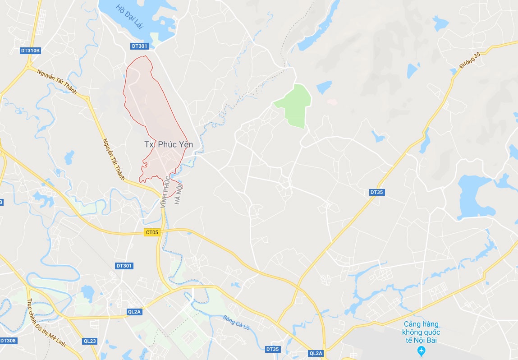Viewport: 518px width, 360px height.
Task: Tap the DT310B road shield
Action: pos(30,51)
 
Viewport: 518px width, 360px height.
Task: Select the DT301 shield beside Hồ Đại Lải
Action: pos(139,46)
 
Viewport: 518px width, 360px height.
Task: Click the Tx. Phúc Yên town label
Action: pos(168,144)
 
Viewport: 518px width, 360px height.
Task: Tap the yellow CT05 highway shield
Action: pos(152,232)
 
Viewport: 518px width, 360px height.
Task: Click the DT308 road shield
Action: pos(8,341)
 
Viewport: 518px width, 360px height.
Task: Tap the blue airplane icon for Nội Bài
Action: pos(421,351)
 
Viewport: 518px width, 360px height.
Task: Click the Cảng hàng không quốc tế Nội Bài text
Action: pos(421,332)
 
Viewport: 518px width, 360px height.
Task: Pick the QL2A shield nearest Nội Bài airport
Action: pos(316,353)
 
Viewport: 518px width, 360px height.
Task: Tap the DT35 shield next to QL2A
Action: pos(273,349)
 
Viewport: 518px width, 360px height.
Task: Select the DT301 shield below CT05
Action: pos(124,266)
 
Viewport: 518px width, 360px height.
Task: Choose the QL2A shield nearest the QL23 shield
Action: pos(134,312)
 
